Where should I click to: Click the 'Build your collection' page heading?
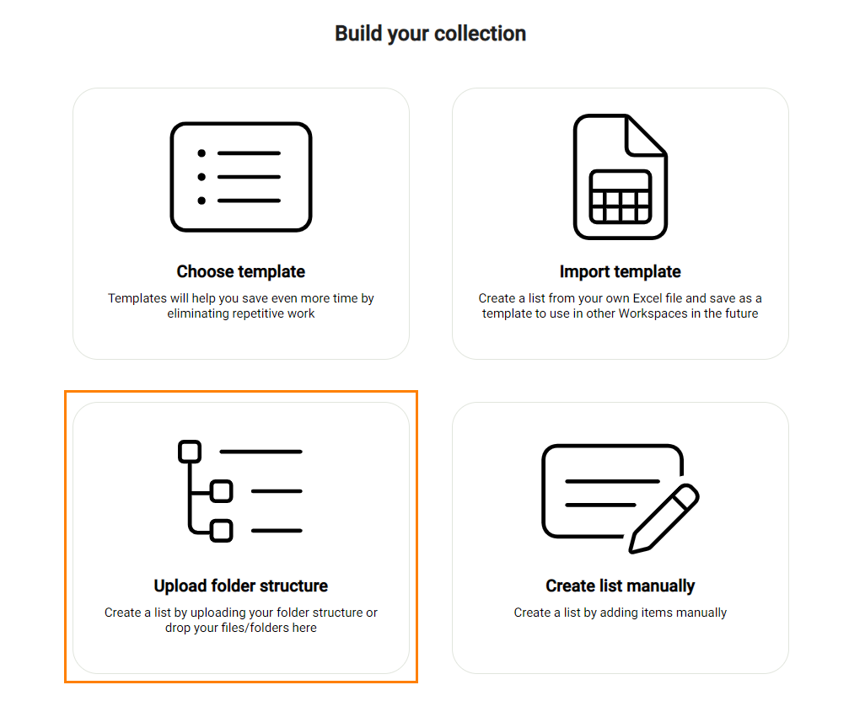click(x=431, y=34)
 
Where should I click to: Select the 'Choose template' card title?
click(x=241, y=271)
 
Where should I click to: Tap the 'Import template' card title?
click(x=621, y=271)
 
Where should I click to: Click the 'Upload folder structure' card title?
click(x=241, y=586)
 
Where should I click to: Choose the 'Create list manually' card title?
click(x=621, y=586)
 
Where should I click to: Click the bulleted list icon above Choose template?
click(x=241, y=177)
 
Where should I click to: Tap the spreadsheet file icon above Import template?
click(x=621, y=176)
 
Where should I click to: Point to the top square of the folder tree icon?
click(x=190, y=452)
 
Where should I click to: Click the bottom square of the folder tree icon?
click(x=222, y=531)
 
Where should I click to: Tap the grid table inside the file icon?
click(x=621, y=197)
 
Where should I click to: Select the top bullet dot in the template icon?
click(x=202, y=153)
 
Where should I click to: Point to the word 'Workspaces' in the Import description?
click(x=653, y=313)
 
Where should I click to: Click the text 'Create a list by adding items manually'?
click(x=621, y=613)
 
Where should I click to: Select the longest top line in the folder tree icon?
click(x=261, y=452)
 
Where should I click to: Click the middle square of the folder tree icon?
click(x=222, y=491)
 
